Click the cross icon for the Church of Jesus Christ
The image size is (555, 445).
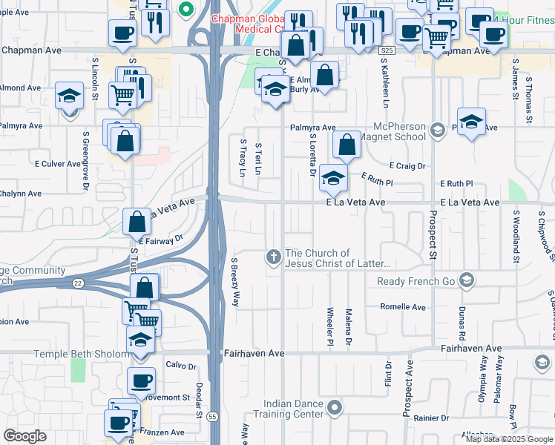tap(273, 257)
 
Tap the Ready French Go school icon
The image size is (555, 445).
tap(466, 280)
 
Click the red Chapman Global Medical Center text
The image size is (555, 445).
tap(249, 24)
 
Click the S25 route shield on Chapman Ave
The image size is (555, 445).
tap(385, 50)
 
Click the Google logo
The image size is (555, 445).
tap(24, 436)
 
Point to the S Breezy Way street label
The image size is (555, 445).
tap(234, 283)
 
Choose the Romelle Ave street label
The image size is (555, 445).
tap(403, 307)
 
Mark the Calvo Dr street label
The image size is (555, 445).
tap(180, 366)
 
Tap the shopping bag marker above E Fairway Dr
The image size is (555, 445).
tap(137, 221)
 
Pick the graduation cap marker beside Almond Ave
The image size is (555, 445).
tap(69, 96)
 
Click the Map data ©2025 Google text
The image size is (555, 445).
tap(510, 439)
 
